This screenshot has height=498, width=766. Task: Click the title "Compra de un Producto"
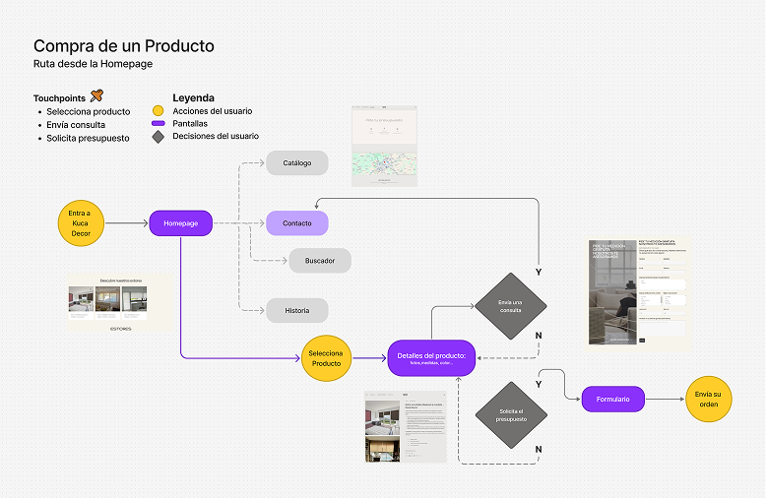[123, 46]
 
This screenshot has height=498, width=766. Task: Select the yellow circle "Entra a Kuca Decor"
[81, 224]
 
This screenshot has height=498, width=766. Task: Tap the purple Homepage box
[181, 224]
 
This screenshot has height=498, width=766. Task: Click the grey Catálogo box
[296, 162]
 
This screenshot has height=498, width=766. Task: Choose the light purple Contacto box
[296, 223]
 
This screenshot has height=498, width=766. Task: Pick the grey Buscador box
[320, 261]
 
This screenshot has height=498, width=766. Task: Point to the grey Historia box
[296, 311]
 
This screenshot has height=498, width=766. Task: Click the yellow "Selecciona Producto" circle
[326, 357]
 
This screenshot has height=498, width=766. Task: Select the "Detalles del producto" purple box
[432, 358]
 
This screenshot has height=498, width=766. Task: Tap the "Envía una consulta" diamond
[510, 306]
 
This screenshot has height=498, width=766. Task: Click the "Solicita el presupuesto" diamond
[510, 413]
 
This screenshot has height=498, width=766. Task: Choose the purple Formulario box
[619, 399]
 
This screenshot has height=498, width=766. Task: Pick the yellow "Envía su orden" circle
[709, 399]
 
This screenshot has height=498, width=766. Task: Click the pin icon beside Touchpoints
[96, 95]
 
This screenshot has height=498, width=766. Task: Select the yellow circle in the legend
[158, 111]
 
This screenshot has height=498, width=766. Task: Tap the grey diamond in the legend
[158, 137]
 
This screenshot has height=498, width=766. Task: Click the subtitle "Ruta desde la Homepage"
[93, 64]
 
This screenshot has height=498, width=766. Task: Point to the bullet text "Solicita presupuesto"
[88, 139]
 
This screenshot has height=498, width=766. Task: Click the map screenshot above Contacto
[384, 145]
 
